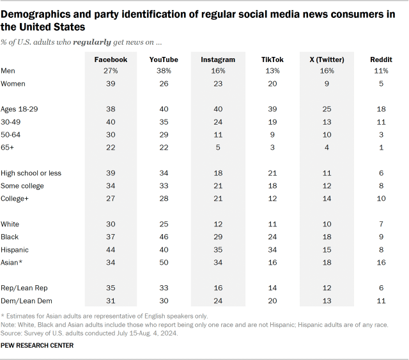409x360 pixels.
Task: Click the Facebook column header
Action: coord(111,59)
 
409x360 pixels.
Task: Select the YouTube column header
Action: coord(164,59)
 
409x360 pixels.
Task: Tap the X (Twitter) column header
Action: coord(326,59)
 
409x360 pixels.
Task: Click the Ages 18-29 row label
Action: coord(20,109)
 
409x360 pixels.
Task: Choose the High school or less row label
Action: coord(32,173)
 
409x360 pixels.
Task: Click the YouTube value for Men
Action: coord(164,71)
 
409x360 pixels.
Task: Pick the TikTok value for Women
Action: coord(273,84)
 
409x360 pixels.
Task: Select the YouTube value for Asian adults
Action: coord(164,263)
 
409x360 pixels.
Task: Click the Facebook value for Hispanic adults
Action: coord(111,250)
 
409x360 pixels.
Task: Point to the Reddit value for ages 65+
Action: coord(381,148)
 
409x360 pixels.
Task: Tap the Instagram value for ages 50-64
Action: coord(219,135)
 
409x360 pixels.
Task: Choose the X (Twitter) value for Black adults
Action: coord(326,237)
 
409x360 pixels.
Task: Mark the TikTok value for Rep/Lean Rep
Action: coord(273,288)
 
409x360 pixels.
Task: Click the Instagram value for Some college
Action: coord(219,186)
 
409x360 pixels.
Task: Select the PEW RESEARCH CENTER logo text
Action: coord(38,346)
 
